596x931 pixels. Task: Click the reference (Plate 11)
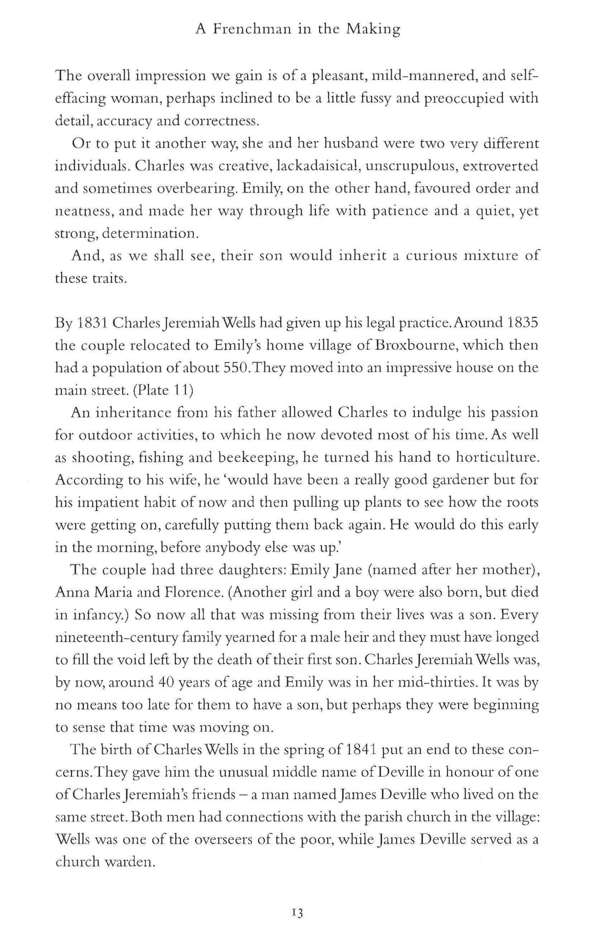[x=163, y=390]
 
